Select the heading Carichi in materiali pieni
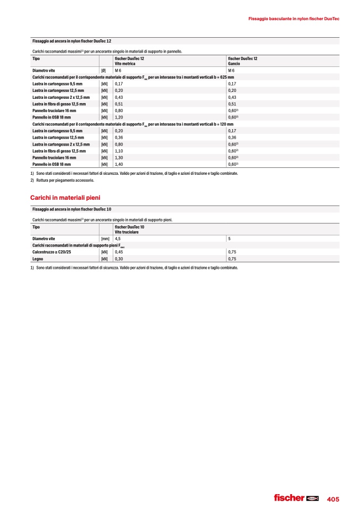tap(65, 197)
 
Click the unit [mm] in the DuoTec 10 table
tap(105, 239)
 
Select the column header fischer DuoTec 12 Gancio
tap(242, 61)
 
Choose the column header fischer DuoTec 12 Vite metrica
tap(130, 61)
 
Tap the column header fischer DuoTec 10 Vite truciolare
tap(129, 229)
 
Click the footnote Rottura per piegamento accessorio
tap(65, 181)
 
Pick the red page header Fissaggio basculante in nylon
tap(294, 19)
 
